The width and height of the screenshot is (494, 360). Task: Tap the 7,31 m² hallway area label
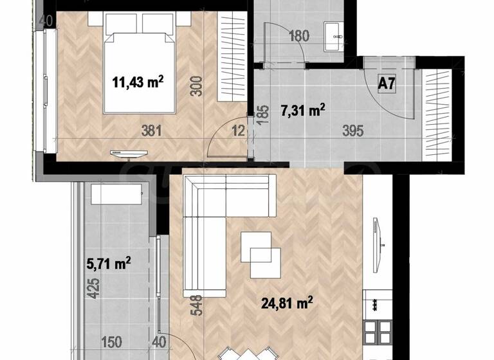click(302, 110)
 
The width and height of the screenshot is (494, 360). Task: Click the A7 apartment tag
click(387, 83)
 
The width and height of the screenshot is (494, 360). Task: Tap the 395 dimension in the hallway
click(353, 130)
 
